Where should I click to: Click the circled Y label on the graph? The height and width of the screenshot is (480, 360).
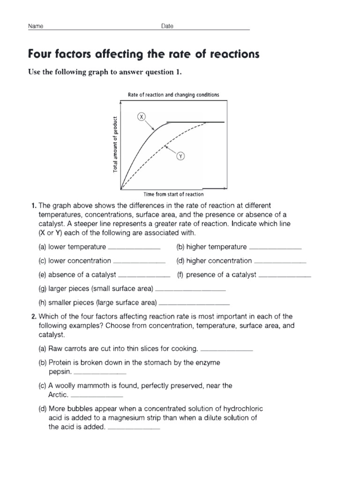tap(180, 157)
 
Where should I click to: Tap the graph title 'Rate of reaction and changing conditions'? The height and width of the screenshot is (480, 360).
tap(173, 95)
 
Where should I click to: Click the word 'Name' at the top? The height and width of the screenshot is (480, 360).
tap(36, 26)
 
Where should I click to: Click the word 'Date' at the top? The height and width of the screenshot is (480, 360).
tap(167, 26)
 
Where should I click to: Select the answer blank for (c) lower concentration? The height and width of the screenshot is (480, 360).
tap(139, 262)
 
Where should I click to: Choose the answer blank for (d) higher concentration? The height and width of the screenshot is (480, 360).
tap(280, 262)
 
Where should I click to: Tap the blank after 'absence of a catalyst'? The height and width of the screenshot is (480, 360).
tap(144, 276)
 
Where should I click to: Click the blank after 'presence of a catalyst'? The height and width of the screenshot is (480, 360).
tap(285, 276)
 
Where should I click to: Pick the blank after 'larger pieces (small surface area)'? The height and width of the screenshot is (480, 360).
tap(190, 289)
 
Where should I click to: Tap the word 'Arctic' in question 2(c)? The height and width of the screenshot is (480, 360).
tap(59, 395)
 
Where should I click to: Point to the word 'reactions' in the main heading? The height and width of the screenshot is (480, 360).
tap(230, 54)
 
